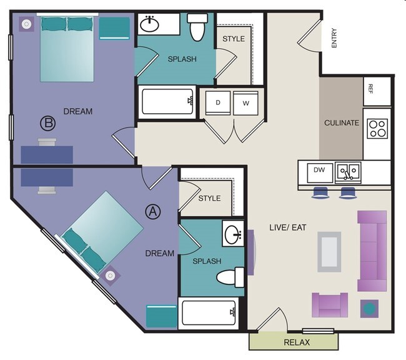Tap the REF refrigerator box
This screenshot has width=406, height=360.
pyautogui.click(x=371, y=91)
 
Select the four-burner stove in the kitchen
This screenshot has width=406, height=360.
pyautogui.click(x=377, y=128)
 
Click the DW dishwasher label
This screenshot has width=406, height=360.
pyautogui.click(x=319, y=169)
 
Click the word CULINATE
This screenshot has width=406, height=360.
pyautogui.click(x=342, y=123)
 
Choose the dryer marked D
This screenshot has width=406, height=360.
pyautogui.click(x=218, y=102)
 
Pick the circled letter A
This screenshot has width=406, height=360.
pyautogui.click(x=152, y=211)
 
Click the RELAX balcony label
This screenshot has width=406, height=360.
pyautogui.click(x=297, y=342)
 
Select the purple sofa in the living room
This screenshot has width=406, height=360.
pyautogui.click(x=372, y=251)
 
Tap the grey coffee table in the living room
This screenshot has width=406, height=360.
pyautogui.click(x=329, y=251)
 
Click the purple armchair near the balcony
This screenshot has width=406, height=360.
pyautogui.click(x=329, y=305)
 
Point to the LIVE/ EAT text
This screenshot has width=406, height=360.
pyautogui.click(x=287, y=227)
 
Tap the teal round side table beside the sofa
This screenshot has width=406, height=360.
pyautogui.click(x=370, y=308)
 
